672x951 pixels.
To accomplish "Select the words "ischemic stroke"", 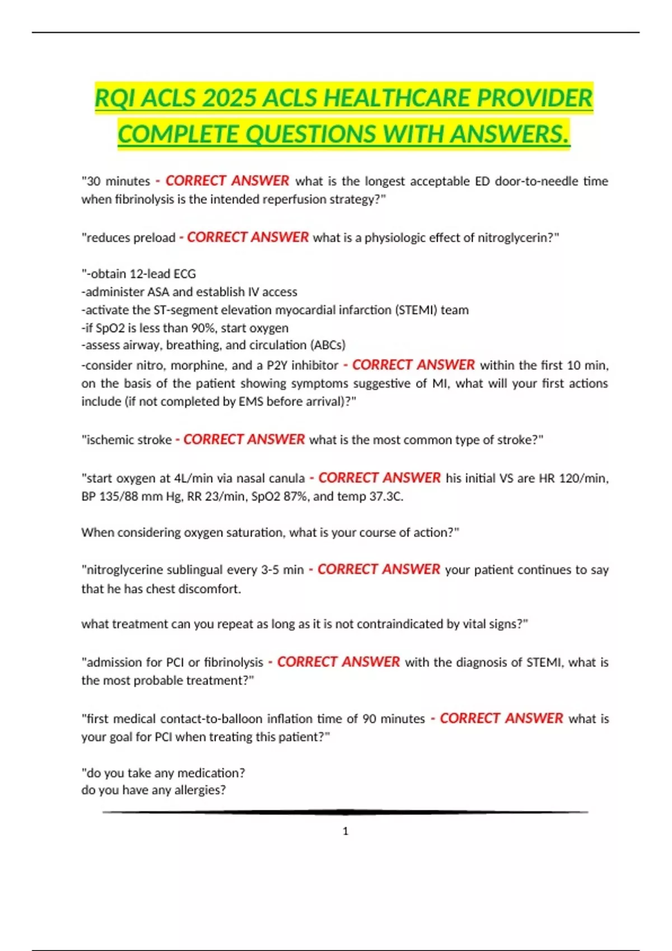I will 128,440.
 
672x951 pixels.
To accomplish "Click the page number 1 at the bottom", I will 346,831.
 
